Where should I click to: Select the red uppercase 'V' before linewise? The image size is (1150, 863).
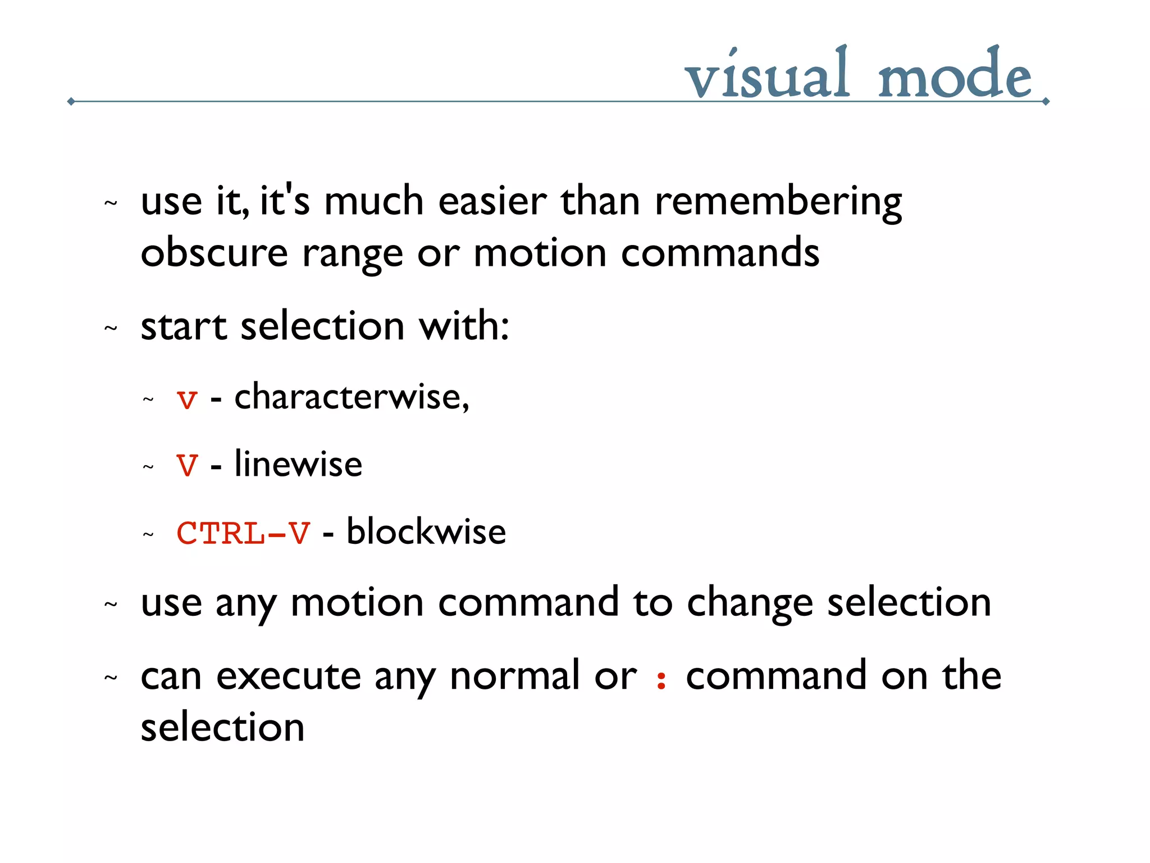pyautogui.click(x=187, y=465)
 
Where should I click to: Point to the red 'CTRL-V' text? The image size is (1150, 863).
pyautogui.click(x=243, y=533)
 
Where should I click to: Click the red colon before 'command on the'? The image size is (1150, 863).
pyautogui.click(x=661, y=679)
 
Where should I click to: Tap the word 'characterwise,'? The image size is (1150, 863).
pyautogui.click(x=352, y=397)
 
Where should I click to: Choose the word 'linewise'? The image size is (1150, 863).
pyautogui.click(x=298, y=464)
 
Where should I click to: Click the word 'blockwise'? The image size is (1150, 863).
pyautogui.click(x=426, y=532)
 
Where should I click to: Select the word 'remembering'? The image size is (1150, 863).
pyautogui.click(x=778, y=202)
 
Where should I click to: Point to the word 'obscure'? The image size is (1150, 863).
pyautogui.click(x=214, y=253)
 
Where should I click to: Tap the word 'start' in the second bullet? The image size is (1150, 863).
pyautogui.click(x=184, y=327)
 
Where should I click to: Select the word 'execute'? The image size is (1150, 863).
pyautogui.click(x=289, y=676)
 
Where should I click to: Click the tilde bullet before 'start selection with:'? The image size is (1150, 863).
pyautogui.click(x=111, y=328)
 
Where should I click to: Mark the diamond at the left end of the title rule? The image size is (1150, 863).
pyautogui.click(x=71, y=102)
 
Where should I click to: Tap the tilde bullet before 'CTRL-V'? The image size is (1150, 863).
pyautogui.click(x=148, y=534)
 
